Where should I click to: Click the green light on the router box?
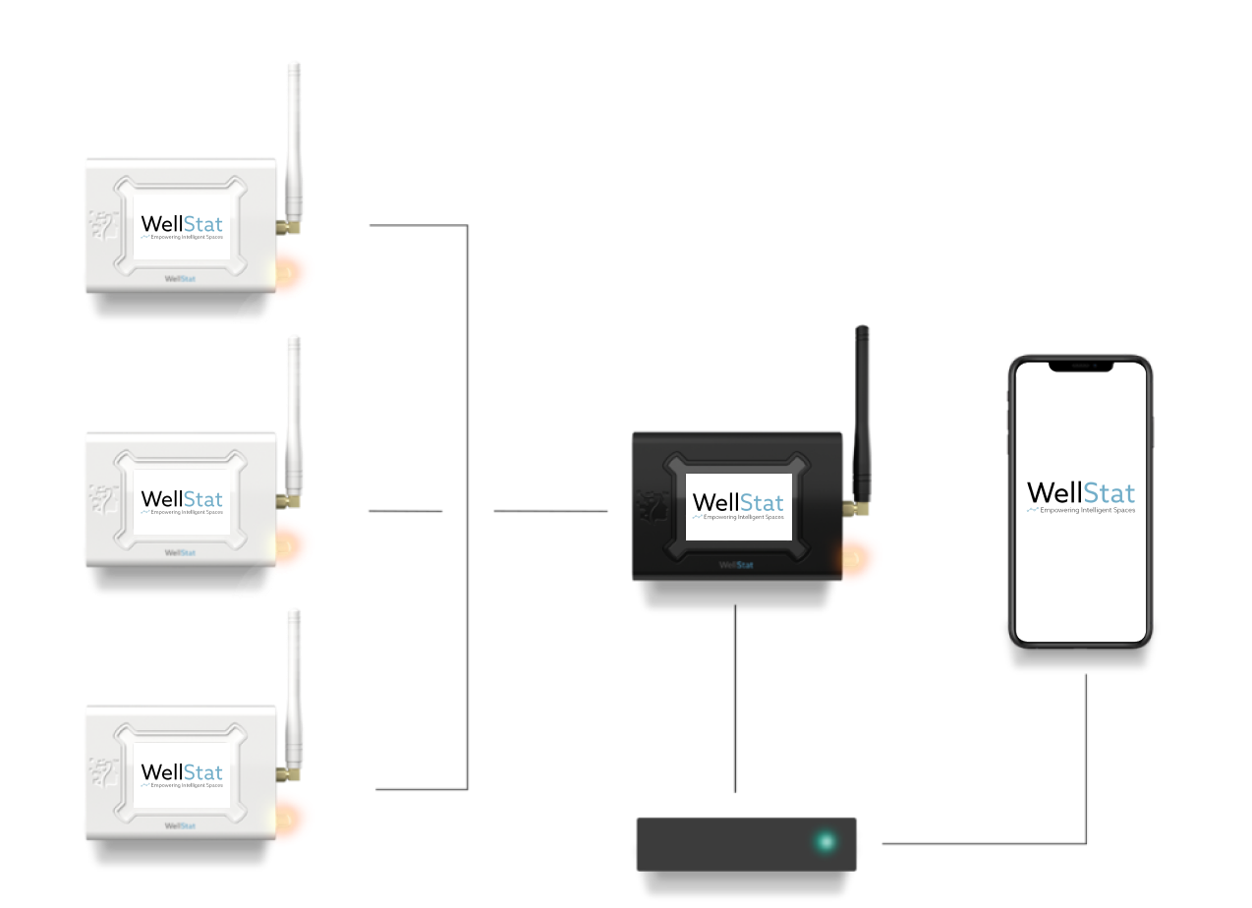(825, 842)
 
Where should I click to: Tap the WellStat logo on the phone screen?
(1081, 495)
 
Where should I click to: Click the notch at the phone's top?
(1081, 366)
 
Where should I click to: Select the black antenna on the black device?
(862, 413)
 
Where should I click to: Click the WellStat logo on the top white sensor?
(182, 226)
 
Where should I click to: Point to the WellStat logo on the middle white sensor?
(182, 501)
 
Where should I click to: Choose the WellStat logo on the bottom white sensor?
(182, 773)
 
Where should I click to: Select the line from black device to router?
(735, 698)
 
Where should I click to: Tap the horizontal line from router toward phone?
(983, 843)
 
